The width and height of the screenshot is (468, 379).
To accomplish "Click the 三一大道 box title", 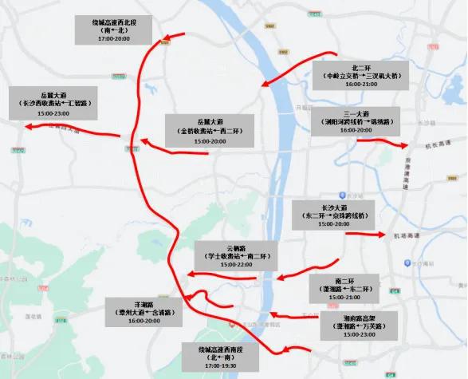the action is [355, 113].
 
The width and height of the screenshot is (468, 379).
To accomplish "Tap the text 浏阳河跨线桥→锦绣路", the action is [355, 121].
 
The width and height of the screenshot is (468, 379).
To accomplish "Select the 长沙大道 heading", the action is [332, 207].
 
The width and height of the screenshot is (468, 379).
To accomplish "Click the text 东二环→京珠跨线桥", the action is [332, 215].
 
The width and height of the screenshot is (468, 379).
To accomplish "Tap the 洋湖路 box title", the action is [144, 304].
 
